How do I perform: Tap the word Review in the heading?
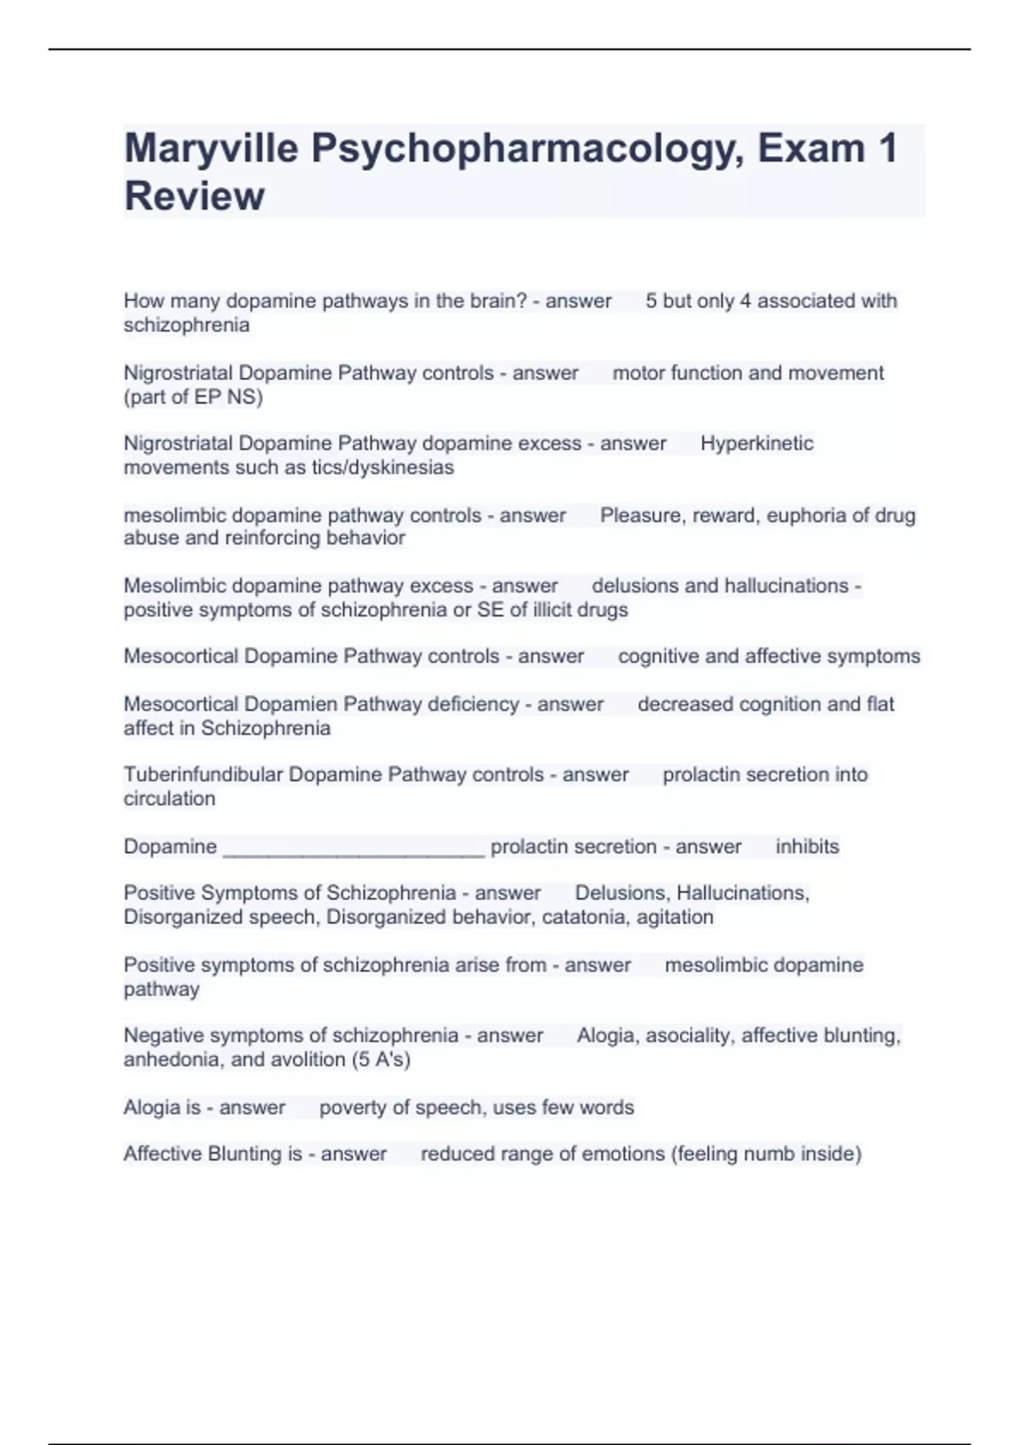coord(195,196)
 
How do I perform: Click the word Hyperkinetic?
coord(756,444)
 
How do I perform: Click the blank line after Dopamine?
coord(354,848)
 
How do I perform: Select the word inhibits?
coord(807,847)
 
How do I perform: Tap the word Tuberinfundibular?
coord(203,774)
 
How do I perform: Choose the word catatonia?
coord(586,917)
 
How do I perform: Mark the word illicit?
coord(552,610)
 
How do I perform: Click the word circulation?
coord(169,799)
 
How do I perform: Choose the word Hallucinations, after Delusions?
coord(743,893)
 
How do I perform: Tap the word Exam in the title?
coord(811,150)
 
